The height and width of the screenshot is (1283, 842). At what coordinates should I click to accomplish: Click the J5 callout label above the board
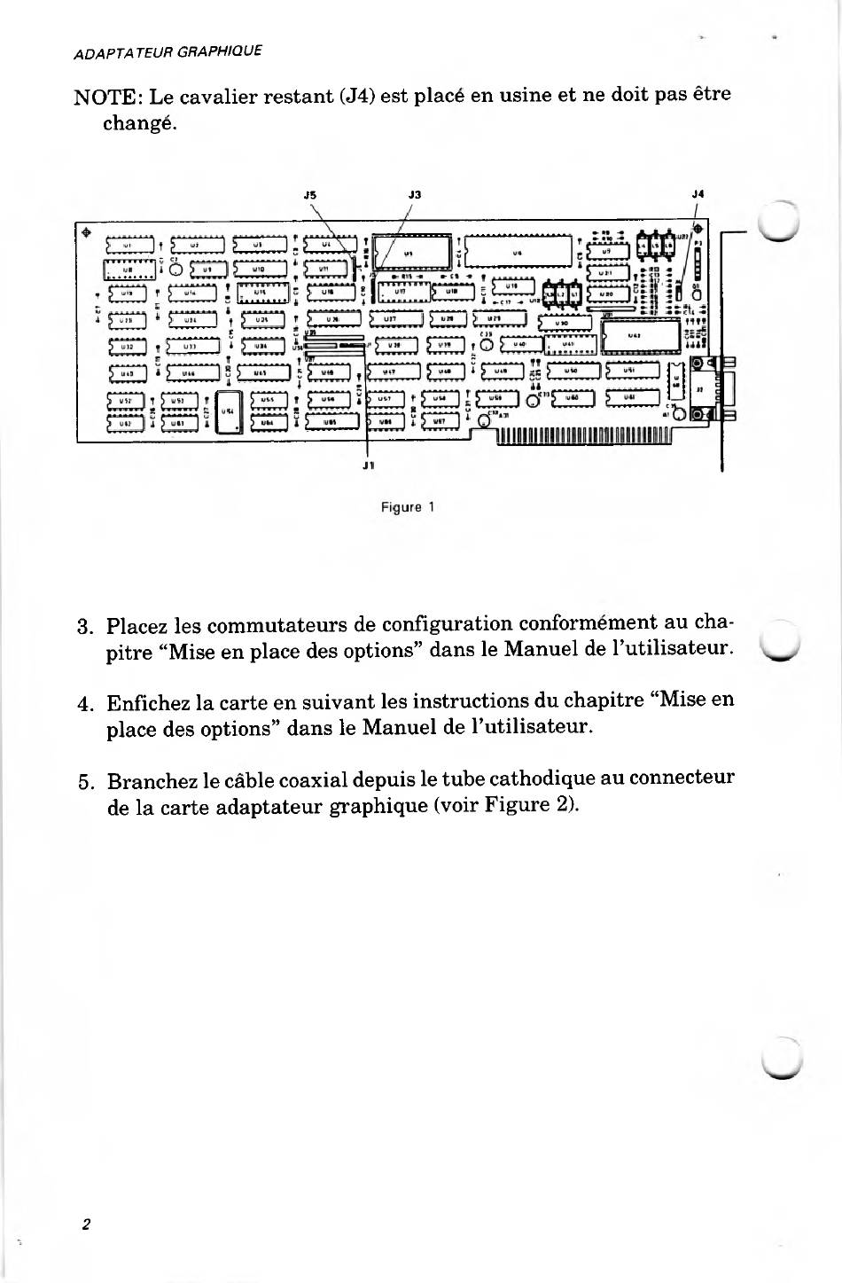point(309,194)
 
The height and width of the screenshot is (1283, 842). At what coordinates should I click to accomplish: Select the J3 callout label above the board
point(415,194)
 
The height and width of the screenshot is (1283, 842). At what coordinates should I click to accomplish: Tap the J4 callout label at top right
point(698,193)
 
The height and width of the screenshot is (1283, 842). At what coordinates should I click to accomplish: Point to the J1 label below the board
point(369,464)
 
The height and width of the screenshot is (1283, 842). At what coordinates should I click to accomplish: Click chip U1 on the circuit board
point(129,245)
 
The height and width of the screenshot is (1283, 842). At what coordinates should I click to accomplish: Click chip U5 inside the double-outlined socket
point(408,253)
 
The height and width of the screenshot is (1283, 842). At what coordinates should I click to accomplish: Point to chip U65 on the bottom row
point(330,422)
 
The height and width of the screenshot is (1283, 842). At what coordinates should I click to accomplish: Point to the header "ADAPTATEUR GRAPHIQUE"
point(168,51)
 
